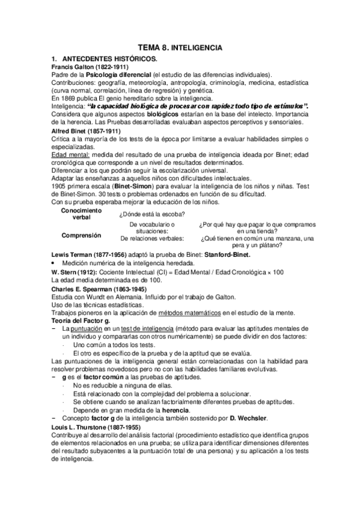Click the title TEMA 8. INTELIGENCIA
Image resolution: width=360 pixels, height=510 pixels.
pos(180,46)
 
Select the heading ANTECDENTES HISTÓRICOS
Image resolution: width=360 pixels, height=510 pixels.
pos(109,58)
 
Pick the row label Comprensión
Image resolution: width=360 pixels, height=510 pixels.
pos(81,235)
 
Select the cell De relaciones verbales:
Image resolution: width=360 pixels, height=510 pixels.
pos(152,238)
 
